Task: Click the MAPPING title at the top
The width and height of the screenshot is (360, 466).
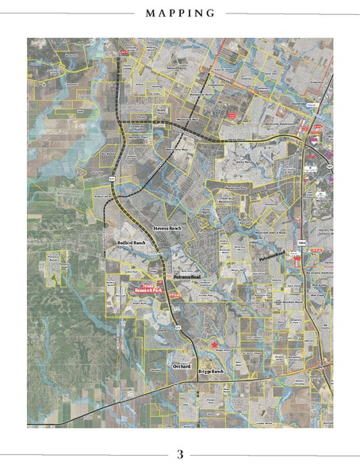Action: pos(180,13)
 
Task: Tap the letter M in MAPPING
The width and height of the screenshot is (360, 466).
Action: pos(150,13)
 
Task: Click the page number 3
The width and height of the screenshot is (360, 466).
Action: pos(180,454)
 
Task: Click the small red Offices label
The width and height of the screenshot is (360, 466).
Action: pos(176,295)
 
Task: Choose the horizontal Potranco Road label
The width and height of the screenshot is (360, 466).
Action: pos(190,277)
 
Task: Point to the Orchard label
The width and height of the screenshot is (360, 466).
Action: pos(184,365)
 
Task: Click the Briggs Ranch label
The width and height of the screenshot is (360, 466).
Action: pos(212,372)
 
